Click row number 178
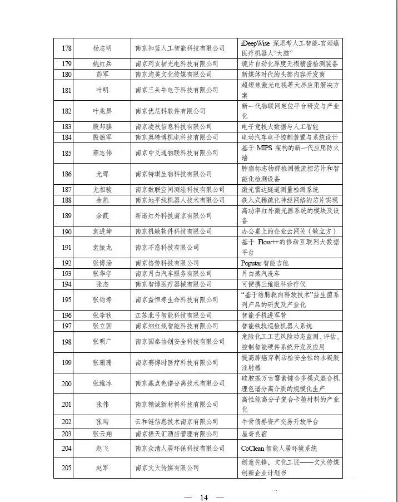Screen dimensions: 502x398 point(67,48)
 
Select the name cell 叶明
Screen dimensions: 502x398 point(102,90)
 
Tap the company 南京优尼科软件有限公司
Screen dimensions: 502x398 point(170,111)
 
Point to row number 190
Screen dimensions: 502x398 point(67,232)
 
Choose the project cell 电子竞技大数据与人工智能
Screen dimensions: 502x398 point(283,127)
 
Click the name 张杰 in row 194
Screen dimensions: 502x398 point(102,284)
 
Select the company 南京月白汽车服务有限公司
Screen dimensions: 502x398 point(173,273)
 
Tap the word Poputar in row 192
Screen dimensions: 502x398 point(254,263)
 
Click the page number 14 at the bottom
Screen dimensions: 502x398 point(203,497)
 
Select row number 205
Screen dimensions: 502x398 point(67,467)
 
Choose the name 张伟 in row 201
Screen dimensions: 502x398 point(102,405)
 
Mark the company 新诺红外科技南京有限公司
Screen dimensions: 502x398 point(173,216)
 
